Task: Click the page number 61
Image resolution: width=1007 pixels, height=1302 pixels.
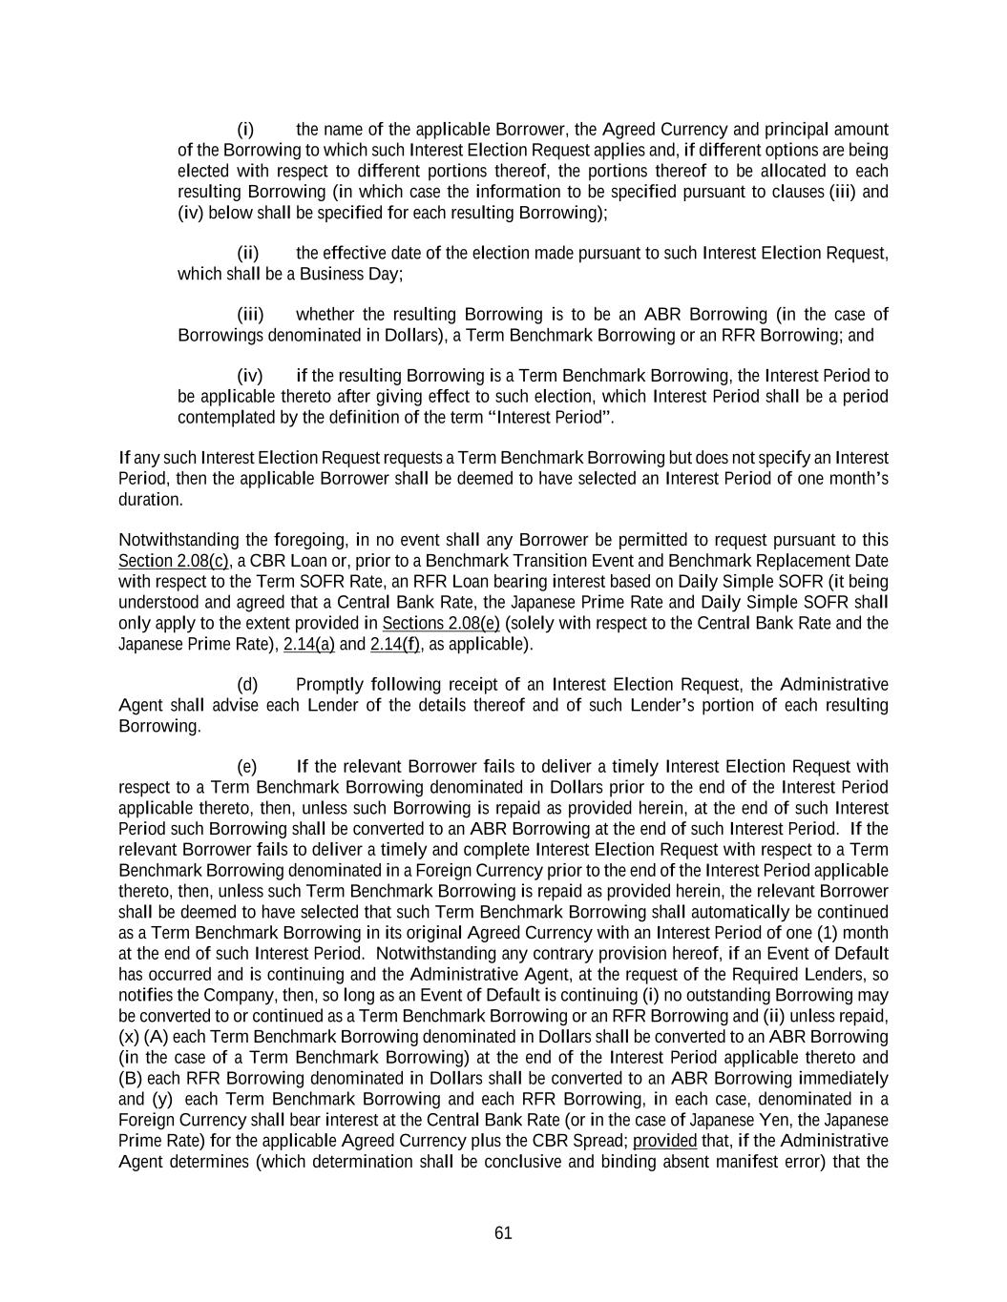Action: [x=503, y=1233]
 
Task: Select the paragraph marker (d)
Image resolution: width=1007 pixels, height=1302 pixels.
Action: [x=246, y=685]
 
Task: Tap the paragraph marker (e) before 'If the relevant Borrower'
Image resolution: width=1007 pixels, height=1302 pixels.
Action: [x=246, y=767]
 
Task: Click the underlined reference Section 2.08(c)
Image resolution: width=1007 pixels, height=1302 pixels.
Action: [x=173, y=561]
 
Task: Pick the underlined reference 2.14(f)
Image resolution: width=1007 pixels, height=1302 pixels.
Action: [x=394, y=645]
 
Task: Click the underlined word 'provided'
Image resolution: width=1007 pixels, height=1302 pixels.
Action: [x=664, y=1142]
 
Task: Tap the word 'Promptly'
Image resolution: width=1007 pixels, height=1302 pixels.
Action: [x=330, y=685]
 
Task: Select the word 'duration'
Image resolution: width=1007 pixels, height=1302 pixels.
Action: [x=149, y=500]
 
